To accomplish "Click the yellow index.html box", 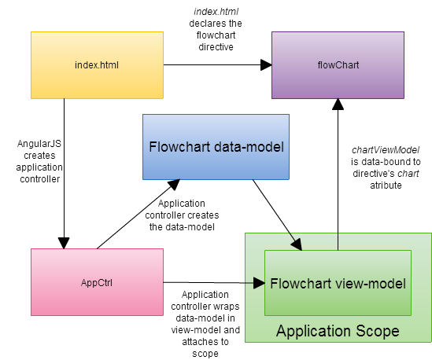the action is click(97, 65).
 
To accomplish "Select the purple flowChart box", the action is click(338, 65).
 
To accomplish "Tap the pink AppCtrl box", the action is click(97, 282).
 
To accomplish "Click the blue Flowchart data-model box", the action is click(216, 147).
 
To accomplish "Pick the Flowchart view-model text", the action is click(338, 284).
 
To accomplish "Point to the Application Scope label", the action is click(338, 331).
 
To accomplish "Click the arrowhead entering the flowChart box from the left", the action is click(266, 65).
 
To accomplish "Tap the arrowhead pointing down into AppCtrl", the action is click(64, 243).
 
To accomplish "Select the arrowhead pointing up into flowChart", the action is click(338, 105).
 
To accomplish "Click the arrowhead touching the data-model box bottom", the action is click(175, 185).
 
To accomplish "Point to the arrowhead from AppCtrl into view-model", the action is click(259, 283).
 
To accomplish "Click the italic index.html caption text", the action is click(216, 12).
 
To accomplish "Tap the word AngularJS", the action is click(39, 144).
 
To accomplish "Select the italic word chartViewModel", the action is click(386, 150).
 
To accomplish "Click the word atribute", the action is click(386, 186).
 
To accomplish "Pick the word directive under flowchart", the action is click(216, 47).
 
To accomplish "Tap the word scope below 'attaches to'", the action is click(205, 354).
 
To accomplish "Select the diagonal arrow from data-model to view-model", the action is click(277, 215).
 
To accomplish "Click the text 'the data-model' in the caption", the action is click(182, 227).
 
